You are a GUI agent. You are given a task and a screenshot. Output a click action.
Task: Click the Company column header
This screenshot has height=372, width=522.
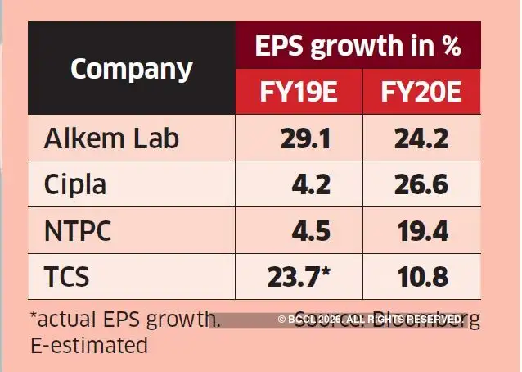tap(131, 69)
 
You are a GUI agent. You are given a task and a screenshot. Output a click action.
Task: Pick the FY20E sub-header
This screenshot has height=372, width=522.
tap(421, 92)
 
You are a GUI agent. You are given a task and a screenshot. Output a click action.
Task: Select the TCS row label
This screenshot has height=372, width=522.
tap(66, 278)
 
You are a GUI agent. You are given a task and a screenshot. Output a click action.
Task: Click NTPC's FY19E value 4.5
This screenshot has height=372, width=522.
tap(311, 232)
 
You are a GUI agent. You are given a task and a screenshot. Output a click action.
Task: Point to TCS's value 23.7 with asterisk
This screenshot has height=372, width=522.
tap(299, 278)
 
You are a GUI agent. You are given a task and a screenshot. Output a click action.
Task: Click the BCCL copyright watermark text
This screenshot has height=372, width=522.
tap(371, 319)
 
